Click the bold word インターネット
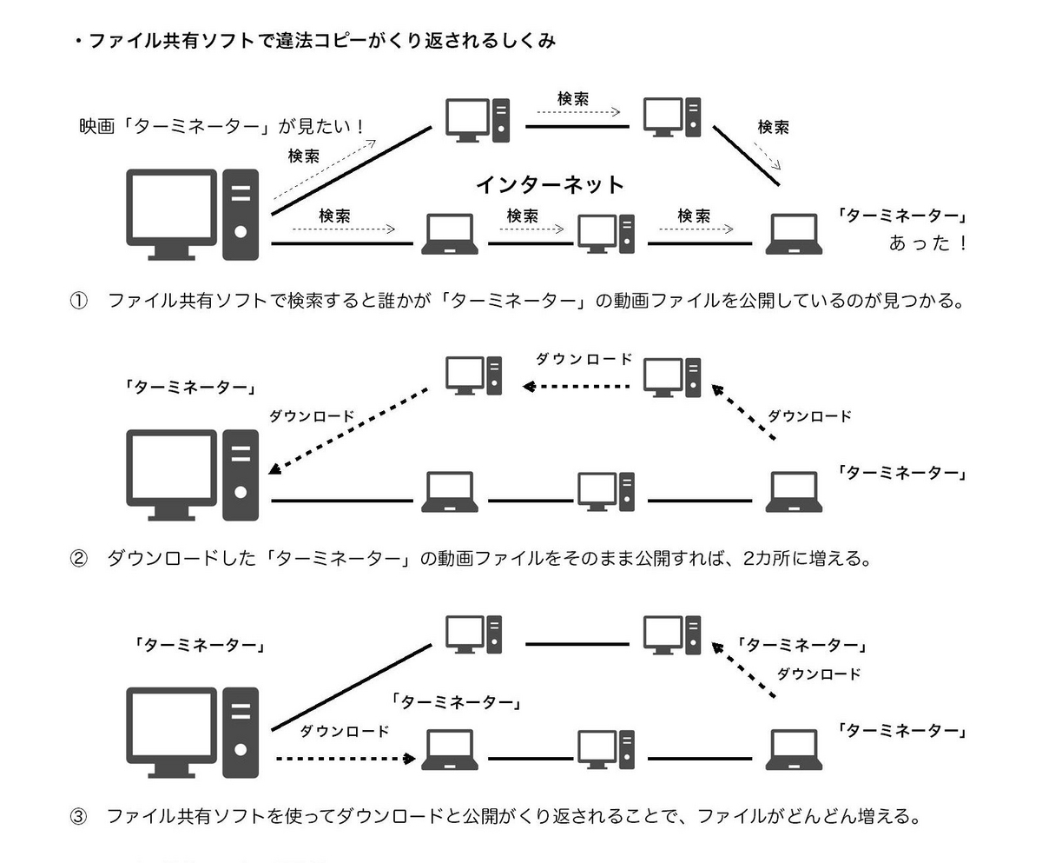point(550,184)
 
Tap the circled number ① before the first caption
point(78,302)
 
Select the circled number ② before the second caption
point(78,559)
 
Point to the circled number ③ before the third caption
point(78,817)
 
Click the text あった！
point(927,243)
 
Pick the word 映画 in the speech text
point(96,127)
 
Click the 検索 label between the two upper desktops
point(573,99)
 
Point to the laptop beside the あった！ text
point(793,235)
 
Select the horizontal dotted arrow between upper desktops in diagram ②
point(576,385)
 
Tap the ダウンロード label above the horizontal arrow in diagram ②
point(584,359)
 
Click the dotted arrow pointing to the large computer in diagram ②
point(347,430)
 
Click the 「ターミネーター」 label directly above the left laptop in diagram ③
point(456,701)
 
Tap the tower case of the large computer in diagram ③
point(241,732)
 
